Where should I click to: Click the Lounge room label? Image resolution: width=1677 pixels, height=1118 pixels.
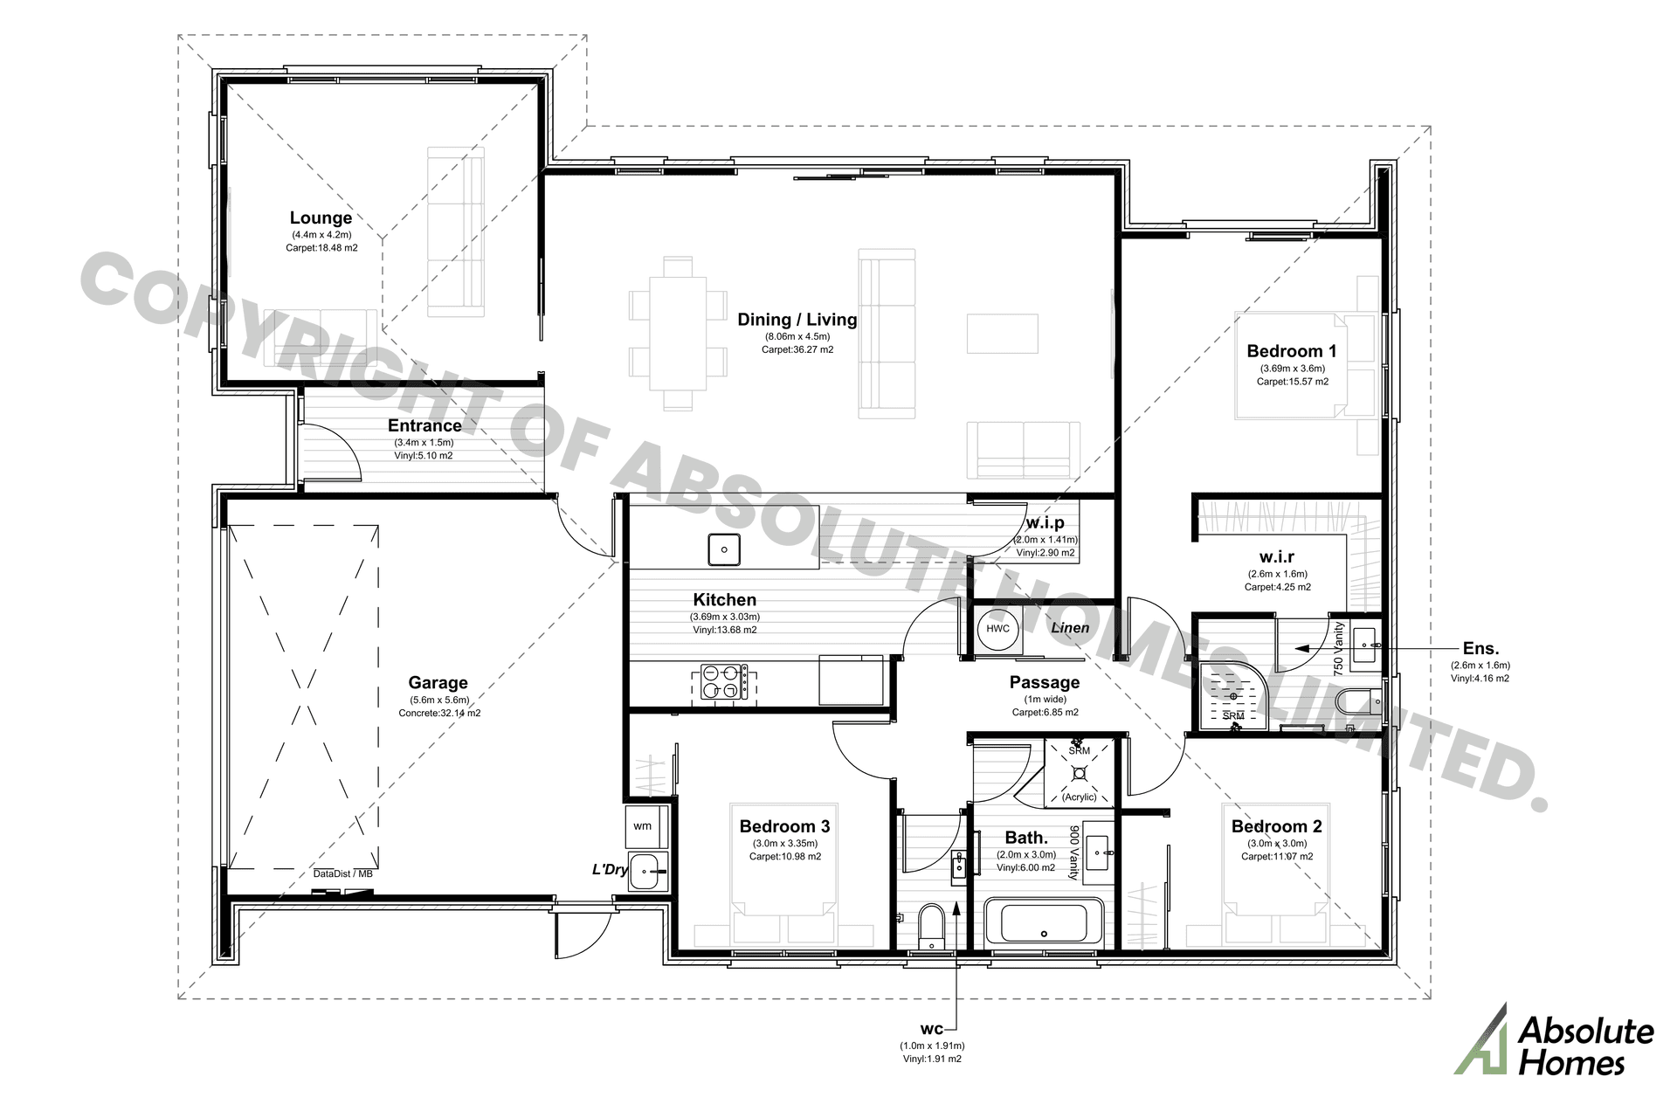[321, 218]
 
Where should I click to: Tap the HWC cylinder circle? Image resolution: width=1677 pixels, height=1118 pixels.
[997, 629]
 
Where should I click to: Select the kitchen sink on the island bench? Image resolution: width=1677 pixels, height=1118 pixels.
[723, 549]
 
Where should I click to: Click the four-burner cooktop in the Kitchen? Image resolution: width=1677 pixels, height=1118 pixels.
[724, 682]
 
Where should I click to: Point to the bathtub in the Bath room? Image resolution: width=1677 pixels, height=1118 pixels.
[1044, 924]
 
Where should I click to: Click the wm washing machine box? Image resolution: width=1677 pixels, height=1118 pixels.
[643, 826]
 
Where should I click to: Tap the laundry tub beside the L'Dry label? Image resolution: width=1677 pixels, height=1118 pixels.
[645, 870]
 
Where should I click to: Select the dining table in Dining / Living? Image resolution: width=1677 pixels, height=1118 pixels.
[677, 333]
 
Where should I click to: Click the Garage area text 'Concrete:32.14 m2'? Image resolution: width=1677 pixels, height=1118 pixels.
[439, 713]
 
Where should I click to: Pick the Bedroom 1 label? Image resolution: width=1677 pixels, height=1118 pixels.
[1291, 351]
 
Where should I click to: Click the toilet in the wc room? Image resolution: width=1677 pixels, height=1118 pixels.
[931, 926]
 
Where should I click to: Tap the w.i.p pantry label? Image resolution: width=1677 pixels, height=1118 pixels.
[1045, 523]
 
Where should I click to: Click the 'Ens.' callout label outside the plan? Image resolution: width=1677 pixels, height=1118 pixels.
[1480, 649]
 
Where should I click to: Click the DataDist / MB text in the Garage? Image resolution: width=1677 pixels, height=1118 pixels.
[343, 873]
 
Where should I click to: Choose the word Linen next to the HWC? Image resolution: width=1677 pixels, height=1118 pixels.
[1070, 628]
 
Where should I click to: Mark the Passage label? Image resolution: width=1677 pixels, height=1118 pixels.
[1044, 683]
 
